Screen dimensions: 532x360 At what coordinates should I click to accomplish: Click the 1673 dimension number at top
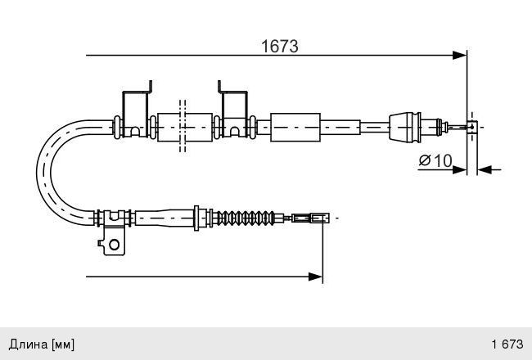click(x=280, y=46)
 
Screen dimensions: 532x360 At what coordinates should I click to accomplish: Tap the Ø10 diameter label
click(x=435, y=160)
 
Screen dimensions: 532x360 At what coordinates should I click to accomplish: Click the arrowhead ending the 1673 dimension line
click(x=459, y=56)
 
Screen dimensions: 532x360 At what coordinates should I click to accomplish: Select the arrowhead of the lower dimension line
click(x=315, y=277)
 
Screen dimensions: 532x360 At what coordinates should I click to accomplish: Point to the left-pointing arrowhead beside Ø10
click(x=485, y=169)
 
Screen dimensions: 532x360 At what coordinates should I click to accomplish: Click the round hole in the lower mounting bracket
click(x=114, y=245)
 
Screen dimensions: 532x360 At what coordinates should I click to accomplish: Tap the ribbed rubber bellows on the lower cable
click(x=246, y=218)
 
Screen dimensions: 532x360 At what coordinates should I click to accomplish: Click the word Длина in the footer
click(x=29, y=344)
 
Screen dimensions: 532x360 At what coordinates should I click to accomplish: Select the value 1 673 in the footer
click(x=507, y=344)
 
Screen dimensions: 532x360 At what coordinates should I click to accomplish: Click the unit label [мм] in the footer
click(x=63, y=344)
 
